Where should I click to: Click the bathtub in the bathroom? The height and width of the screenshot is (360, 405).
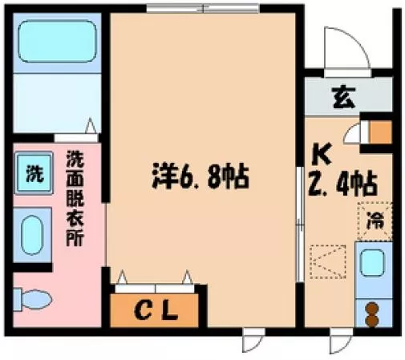click(x=57, y=42)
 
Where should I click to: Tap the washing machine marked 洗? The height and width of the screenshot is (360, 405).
click(x=34, y=173)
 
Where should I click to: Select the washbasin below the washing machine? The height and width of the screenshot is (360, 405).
click(x=32, y=235)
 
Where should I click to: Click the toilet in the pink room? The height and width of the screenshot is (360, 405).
click(x=32, y=299)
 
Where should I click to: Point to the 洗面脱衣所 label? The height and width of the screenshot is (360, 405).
click(x=75, y=198)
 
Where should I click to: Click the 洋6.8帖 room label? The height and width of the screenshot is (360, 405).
click(x=200, y=176)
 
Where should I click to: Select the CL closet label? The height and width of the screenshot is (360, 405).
click(x=156, y=311)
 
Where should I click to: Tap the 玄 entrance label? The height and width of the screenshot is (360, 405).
click(x=344, y=98)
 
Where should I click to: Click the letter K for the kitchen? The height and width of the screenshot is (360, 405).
click(x=322, y=155)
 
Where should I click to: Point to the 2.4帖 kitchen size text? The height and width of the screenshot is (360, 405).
click(x=343, y=184)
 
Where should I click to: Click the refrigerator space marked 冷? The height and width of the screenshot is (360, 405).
click(x=375, y=221)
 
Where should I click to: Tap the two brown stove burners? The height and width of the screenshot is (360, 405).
click(x=371, y=314)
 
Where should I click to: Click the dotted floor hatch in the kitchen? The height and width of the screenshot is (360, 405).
click(x=328, y=262)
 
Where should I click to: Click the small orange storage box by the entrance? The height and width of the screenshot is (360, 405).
click(x=380, y=132)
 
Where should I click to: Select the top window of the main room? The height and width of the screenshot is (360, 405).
click(x=203, y=8)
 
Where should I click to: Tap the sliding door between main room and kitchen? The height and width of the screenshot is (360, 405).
click(x=300, y=224)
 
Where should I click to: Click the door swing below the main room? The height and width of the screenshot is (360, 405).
click(x=253, y=340)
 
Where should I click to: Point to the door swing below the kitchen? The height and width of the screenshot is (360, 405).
click(x=341, y=342)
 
